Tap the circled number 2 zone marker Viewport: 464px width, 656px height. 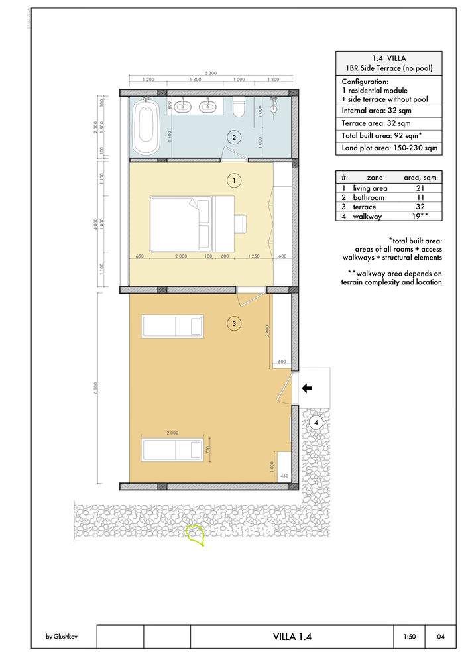(x=233, y=138)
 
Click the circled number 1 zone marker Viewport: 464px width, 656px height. (x=233, y=180)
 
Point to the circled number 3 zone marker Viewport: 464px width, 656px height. (x=233, y=323)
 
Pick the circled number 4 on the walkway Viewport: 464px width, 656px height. (x=316, y=423)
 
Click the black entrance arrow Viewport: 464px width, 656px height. (x=307, y=389)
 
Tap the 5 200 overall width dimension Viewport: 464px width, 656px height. (x=211, y=73)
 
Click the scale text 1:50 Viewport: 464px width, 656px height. (x=410, y=637)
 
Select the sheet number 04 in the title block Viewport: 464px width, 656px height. (x=441, y=637)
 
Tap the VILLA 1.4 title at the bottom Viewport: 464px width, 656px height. (x=292, y=637)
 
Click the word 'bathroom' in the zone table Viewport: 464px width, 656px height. (x=369, y=197)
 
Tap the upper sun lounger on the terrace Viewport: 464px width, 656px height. (x=172, y=326)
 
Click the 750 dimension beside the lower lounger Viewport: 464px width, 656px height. (x=208, y=449)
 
